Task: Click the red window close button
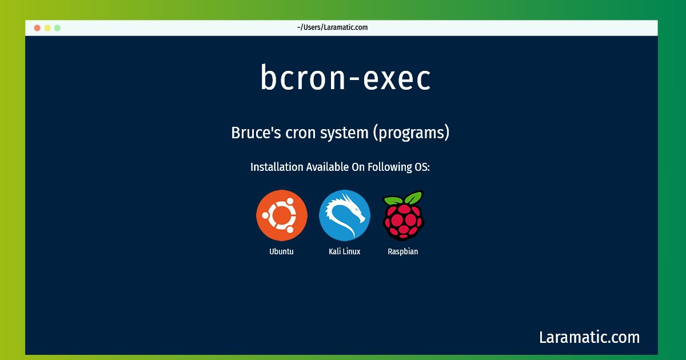point(37,28)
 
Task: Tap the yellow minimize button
point(47,28)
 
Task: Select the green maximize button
point(57,28)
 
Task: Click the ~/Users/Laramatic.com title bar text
point(332,27)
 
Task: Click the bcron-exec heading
point(345,77)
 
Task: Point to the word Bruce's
point(256,133)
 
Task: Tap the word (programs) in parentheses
point(411,133)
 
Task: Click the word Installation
point(277,167)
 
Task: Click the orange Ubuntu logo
point(282,215)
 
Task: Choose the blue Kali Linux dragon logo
point(345,215)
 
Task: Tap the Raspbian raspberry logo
point(404,215)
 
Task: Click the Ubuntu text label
point(281,251)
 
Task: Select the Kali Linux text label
point(345,251)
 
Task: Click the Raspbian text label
point(402,251)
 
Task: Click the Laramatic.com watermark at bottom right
point(589,337)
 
